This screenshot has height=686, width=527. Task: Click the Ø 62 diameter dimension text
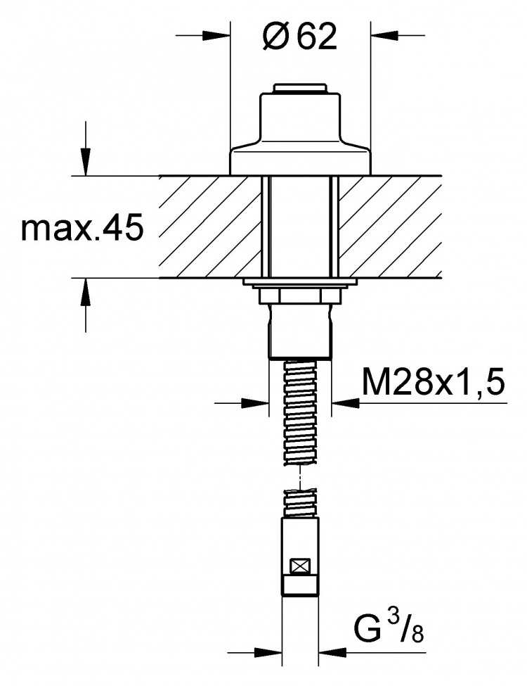pos(300,37)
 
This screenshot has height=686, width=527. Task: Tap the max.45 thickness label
pos(82,227)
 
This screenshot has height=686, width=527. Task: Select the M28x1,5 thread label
pos(433,381)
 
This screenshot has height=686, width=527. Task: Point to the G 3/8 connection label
pos(388,630)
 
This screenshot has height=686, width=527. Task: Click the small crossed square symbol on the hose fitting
pos(300,566)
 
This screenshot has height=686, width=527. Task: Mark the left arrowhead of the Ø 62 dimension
pos(216,35)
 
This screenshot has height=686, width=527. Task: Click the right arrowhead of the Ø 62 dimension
pos(384,35)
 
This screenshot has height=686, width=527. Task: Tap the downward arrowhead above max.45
pos(86,163)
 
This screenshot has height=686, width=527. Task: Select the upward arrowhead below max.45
pos(86,291)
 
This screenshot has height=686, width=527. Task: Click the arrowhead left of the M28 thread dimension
pos(255,402)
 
